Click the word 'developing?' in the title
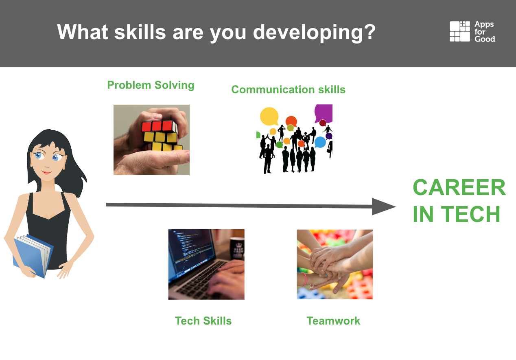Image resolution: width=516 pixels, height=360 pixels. [314, 32]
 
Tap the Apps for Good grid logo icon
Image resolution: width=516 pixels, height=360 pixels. [460, 31]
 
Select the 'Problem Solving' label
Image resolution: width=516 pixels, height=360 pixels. [151, 85]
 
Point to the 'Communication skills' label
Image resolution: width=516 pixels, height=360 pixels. [289, 90]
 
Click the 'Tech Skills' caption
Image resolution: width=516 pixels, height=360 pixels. [203, 320]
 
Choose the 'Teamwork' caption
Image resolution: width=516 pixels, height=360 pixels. [333, 320]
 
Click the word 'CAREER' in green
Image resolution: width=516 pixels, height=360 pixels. [459, 187]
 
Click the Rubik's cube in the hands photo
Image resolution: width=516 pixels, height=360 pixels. [162, 136]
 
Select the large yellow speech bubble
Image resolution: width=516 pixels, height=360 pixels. [269, 116]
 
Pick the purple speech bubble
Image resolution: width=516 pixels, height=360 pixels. [324, 113]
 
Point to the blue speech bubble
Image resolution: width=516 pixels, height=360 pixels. [320, 142]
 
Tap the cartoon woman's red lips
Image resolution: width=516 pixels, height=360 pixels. [47, 172]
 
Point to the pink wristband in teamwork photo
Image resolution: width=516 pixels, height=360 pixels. [304, 279]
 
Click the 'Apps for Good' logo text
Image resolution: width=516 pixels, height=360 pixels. [484, 32]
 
